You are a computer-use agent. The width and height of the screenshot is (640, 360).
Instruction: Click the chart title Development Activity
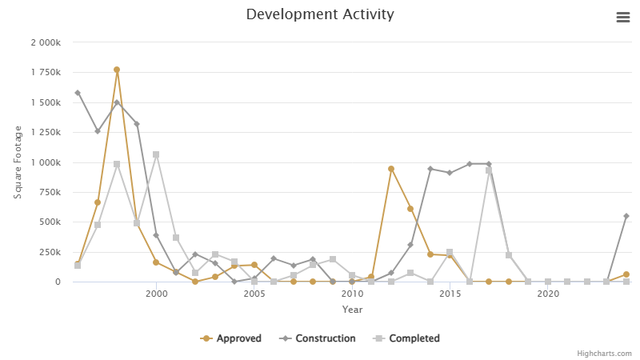[x=320, y=14]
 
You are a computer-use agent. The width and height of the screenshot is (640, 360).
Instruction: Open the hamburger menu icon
[x=623, y=18]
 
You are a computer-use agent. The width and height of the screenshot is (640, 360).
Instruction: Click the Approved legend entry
[x=231, y=338]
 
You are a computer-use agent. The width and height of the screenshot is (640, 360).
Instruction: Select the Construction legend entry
[x=318, y=338]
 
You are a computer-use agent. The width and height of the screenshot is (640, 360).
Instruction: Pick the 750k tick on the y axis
[x=51, y=192]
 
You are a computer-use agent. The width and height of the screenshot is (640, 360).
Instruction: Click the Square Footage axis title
[x=18, y=162]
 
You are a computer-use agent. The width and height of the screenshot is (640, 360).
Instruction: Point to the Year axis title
[x=352, y=310]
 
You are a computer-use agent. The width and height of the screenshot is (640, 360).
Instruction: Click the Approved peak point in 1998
[x=117, y=70]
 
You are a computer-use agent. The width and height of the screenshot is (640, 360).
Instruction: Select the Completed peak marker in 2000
[x=156, y=154]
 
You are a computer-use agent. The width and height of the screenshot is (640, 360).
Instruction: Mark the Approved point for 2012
[x=391, y=169]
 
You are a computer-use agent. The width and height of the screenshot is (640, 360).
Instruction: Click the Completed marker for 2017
[x=489, y=170]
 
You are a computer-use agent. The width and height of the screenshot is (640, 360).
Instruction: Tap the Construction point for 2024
[x=626, y=216]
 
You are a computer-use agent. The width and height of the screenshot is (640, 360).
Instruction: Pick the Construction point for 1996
[x=78, y=93]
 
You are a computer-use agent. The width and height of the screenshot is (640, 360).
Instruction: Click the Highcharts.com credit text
[x=605, y=353]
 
